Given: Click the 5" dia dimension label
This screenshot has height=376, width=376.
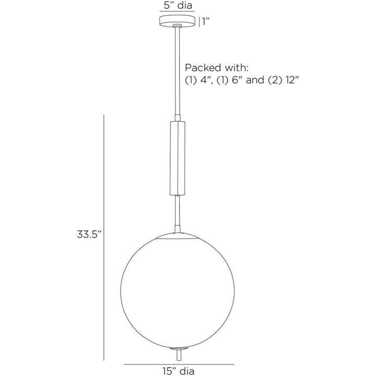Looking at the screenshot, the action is point(178,5).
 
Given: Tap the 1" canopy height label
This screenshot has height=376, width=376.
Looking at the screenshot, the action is point(206,22).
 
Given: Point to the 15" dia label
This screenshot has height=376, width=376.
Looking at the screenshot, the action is point(179,371).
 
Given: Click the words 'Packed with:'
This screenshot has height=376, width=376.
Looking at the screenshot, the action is point(216,68).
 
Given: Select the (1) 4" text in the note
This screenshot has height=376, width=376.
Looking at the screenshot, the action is point(199,80).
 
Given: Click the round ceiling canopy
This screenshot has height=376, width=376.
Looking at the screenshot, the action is point(178,20).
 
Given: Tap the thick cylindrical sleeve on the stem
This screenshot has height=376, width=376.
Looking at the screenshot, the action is point(178,158).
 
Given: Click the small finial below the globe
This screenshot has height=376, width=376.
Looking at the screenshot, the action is point(178,354).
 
